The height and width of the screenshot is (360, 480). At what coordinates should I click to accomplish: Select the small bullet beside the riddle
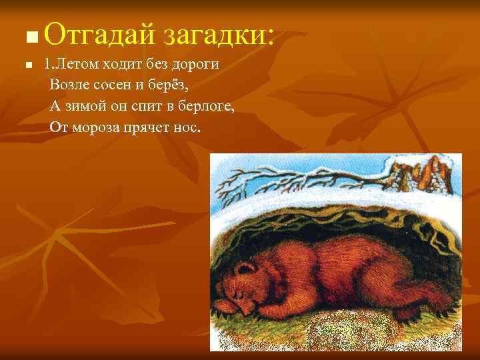click(27, 66)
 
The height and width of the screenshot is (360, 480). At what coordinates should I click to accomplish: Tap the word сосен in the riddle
click(105, 86)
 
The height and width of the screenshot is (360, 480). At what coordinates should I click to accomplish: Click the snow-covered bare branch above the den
click(300, 177)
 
